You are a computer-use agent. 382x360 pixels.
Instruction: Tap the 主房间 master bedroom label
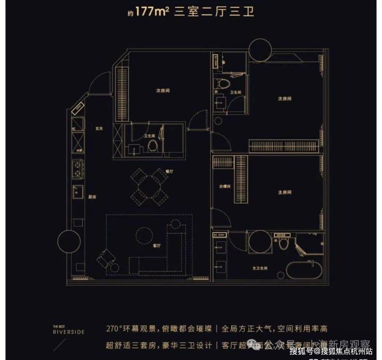281,192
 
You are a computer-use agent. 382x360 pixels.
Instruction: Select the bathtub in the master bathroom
303,270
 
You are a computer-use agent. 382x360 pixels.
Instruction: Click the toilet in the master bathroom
282,244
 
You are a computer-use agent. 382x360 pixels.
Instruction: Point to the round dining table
149,185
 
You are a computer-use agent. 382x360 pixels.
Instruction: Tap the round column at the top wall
260,50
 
